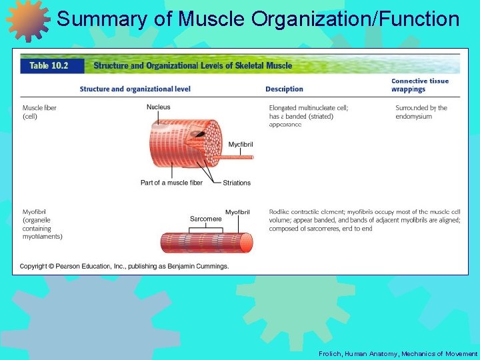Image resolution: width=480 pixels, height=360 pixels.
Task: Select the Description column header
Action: pos(284,89)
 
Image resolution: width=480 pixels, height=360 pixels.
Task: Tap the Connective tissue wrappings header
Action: pos(419,85)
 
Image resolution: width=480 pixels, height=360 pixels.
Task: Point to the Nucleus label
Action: pos(159,107)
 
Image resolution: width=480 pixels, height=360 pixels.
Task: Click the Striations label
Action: pos(237,183)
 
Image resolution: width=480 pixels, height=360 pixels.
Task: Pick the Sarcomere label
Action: pos(206,219)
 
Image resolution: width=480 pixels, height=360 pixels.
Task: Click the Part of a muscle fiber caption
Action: pos(171,183)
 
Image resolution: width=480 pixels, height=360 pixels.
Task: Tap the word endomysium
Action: pos(413,117)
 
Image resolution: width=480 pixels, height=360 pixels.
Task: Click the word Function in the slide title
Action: pos(420,19)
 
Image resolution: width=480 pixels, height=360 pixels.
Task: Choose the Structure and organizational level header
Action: pos(135,89)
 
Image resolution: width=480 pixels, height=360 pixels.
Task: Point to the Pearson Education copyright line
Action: pos(124,266)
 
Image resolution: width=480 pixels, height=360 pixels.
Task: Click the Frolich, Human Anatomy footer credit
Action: pos(398,353)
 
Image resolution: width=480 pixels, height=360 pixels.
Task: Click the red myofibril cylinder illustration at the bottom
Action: pos(207,242)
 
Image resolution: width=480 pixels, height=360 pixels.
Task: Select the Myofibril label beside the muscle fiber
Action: pos(241,145)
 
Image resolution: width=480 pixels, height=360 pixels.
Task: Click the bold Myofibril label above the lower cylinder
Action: pos(237,212)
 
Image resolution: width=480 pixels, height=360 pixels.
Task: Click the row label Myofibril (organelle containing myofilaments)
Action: pos(43,224)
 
